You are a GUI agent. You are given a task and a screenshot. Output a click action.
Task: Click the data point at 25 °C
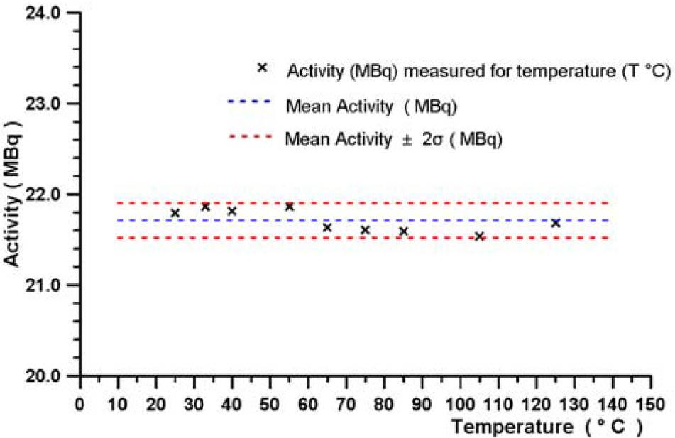[x=175, y=213]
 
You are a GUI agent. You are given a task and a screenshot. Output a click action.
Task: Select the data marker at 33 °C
[x=205, y=207]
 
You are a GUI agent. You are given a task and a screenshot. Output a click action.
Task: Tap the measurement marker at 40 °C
[x=231, y=212]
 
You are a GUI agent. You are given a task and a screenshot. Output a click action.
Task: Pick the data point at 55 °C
[x=289, y=207]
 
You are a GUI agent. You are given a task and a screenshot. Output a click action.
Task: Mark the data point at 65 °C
[x=327, y=227]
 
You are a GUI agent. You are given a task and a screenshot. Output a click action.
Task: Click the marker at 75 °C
[x=365, y=230]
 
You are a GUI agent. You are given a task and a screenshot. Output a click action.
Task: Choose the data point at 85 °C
[x=403, y=231]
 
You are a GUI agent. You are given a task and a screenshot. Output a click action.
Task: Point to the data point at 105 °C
[x=479, y=236]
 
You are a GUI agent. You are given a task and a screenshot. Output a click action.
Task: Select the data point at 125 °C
[x=556, y=223]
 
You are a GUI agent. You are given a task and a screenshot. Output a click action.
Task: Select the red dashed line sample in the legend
[x=249, y=135]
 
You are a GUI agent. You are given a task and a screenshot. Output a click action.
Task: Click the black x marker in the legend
[x=262, y=67]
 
